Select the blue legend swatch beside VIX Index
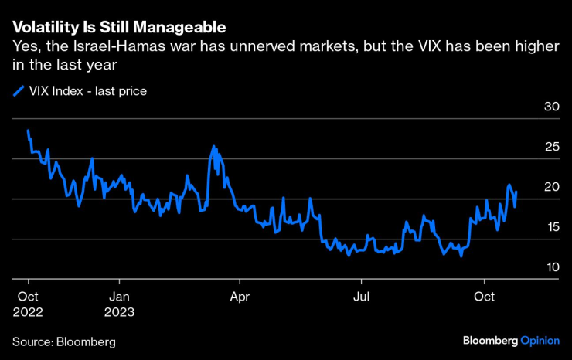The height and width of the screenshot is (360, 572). coord(19,92)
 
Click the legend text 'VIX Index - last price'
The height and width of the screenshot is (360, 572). coord(88,92)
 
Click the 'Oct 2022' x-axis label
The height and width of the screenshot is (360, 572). coord(29,304)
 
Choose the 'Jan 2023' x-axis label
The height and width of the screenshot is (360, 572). coord(120,304)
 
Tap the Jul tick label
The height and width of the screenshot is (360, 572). coord(361,296)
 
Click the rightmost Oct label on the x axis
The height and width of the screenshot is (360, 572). coord(484,296)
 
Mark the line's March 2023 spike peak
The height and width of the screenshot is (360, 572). coord(213,146)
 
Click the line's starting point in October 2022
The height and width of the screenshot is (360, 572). coord(28,131)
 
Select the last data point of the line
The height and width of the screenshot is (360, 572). coord(516,192)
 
